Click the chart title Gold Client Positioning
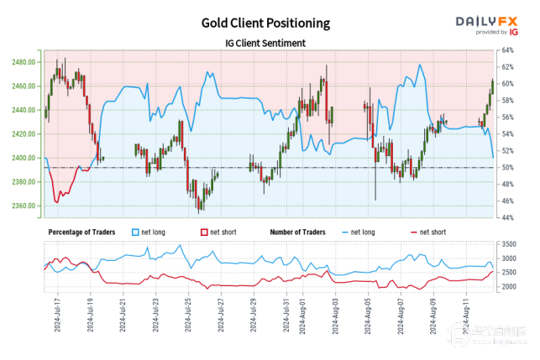pyautogui.click(x=266, y=23)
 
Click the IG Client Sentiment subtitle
pyautogui.click(x=265, y=43)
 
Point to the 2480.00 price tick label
pyautogui.click(x=23, y=62)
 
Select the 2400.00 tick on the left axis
pyautogui.click(x=23, y=158)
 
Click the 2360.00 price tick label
pyautogui.click(x=23, y=206)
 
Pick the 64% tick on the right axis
pyautogui.click(x=507, y=50)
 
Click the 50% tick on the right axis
pyautogui.click(x=507, y=168)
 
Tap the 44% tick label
pyautogui.click(x=507, y=218)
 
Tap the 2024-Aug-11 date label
pyautogui.click(x=465, y=316)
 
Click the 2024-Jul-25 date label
pyautogui.click(x=188, y=316)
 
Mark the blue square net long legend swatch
pyautogui.click(x=137, y=231)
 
